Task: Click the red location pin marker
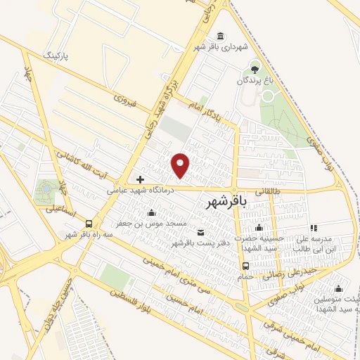coord(181,165)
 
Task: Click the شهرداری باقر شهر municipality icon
coord(221,37)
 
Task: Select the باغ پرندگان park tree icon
coord(255,69)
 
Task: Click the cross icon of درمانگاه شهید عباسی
coord(140,179)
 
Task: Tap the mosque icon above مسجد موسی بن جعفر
coord(150,213)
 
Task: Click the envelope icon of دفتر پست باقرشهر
coord(202,233)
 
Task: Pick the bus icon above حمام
coord(245,266)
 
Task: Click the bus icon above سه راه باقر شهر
coord(88,224)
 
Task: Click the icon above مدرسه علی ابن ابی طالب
coord(314,227)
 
